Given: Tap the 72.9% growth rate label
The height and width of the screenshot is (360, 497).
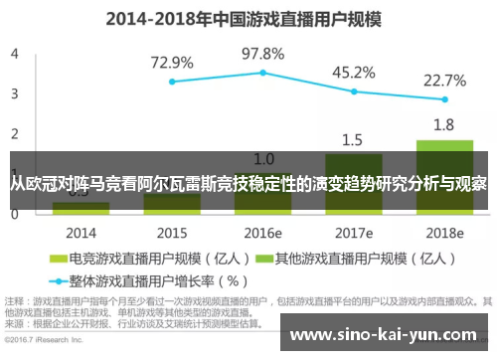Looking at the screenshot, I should click(172, 63).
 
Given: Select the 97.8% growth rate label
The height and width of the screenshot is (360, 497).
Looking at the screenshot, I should click(263, 53).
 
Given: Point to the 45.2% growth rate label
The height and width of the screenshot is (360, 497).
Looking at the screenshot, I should click(353, 72).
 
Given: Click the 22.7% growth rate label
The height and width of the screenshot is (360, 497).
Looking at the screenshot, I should click(444, 80).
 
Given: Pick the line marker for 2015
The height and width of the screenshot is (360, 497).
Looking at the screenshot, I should click(172, 82).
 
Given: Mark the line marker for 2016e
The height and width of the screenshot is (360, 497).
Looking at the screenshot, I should click(263, 73).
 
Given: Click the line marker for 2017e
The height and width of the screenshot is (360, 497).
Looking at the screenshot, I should click(354, 91).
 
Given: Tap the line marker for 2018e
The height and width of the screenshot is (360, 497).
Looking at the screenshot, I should click(444, 99).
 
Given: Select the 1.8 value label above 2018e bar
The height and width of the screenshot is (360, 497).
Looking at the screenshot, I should click(444, 124).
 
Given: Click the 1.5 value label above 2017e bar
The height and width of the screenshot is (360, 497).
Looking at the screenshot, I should click(353, 139).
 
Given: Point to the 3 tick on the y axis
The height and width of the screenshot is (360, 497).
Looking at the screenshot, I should click(14, 93).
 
